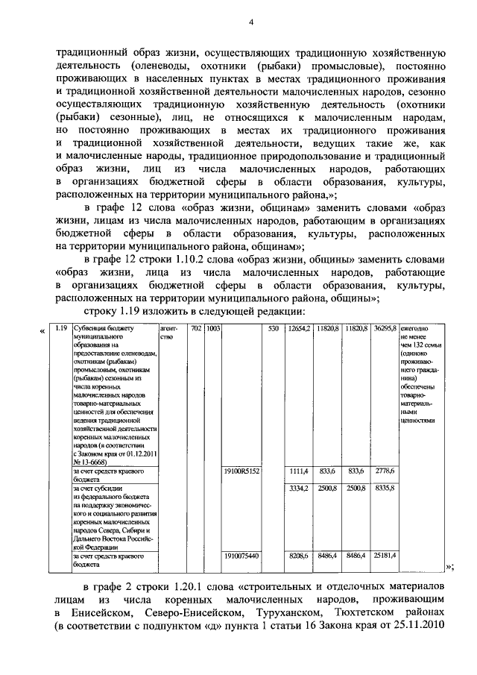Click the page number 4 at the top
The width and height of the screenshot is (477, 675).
tap(251, 22)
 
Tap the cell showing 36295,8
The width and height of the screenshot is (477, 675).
tap(385, 328)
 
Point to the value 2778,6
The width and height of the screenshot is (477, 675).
tap(385, 472)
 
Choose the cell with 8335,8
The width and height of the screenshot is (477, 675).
tap(385, 488)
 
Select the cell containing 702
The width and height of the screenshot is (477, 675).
tap(196, 328)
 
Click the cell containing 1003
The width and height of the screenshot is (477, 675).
tap(212, 328)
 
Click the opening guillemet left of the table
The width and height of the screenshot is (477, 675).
tap(42, 330)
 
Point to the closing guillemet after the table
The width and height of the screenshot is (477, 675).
tap(449, 568)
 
